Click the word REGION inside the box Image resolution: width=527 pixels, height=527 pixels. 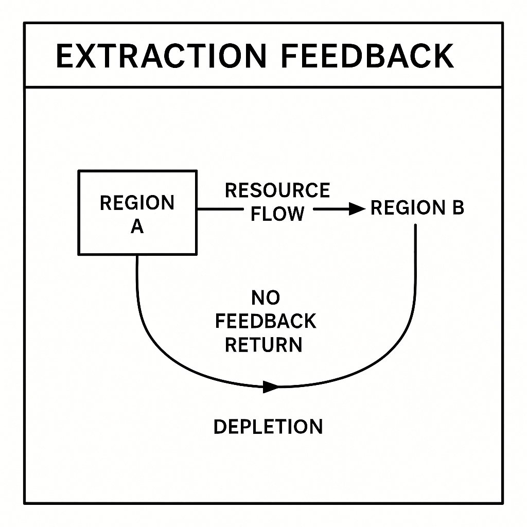coord(137,203)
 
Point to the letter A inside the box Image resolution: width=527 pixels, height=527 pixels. coord(137,226)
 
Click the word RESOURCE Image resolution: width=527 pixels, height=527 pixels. coord(277,190)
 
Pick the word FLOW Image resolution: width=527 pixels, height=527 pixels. coord(277,214)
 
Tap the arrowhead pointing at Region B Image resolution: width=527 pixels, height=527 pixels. coord(356,208)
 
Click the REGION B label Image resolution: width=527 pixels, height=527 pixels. coord(417,208)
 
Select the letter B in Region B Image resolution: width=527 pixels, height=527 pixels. coord(458,208)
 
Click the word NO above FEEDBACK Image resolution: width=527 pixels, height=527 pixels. coord(266,297)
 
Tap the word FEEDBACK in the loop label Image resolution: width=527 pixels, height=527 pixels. coord(266,321)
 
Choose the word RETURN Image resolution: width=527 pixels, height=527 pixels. coord(263,344)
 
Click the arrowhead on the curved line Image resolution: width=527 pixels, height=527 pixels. coord(270,387)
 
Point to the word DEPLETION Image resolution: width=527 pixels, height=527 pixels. coord(268,427)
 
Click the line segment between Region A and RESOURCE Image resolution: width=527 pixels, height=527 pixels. coord(219,209)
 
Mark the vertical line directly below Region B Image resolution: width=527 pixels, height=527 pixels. coord(415,268)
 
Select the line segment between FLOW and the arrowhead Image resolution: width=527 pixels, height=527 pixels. coord(329,209)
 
